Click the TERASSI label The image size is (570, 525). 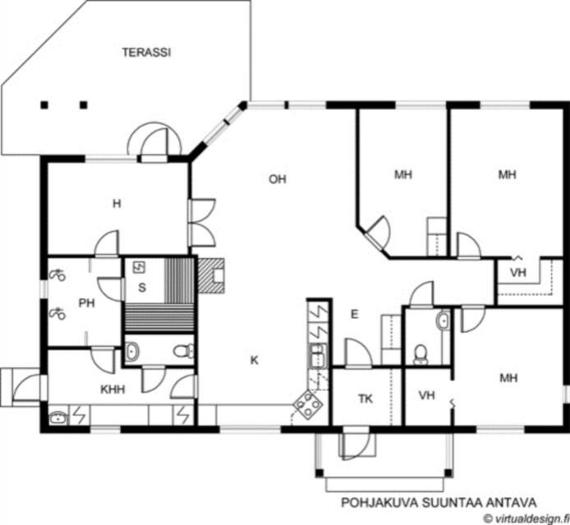146,53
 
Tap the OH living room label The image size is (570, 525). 278,179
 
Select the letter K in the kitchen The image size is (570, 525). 255,360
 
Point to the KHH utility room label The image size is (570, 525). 113,389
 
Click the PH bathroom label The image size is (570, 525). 87,303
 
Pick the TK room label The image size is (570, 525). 365,398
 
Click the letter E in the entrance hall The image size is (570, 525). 355,314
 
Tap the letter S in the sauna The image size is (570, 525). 142,288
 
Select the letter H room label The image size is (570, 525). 117,204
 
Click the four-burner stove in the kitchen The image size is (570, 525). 308,403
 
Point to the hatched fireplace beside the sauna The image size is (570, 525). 211,275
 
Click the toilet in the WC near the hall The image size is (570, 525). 421,354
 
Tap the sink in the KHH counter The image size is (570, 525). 58,418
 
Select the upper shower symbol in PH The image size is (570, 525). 57,275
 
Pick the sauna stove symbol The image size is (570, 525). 139,267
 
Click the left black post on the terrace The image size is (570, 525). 44,105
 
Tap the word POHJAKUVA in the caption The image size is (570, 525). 379,503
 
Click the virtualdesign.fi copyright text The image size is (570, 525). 526,518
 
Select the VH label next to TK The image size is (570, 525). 427,395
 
